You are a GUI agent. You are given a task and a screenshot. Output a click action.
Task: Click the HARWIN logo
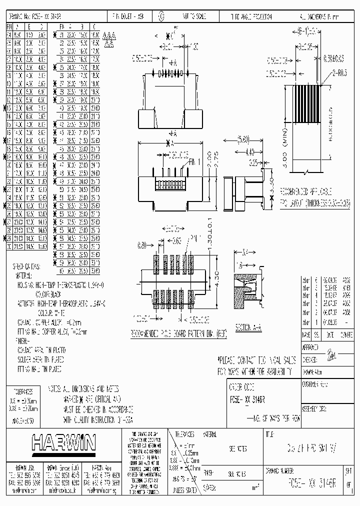tap(64, 442)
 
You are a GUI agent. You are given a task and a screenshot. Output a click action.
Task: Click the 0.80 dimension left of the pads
tap(142, 245)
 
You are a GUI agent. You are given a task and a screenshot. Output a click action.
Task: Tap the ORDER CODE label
tap(242, 385)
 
